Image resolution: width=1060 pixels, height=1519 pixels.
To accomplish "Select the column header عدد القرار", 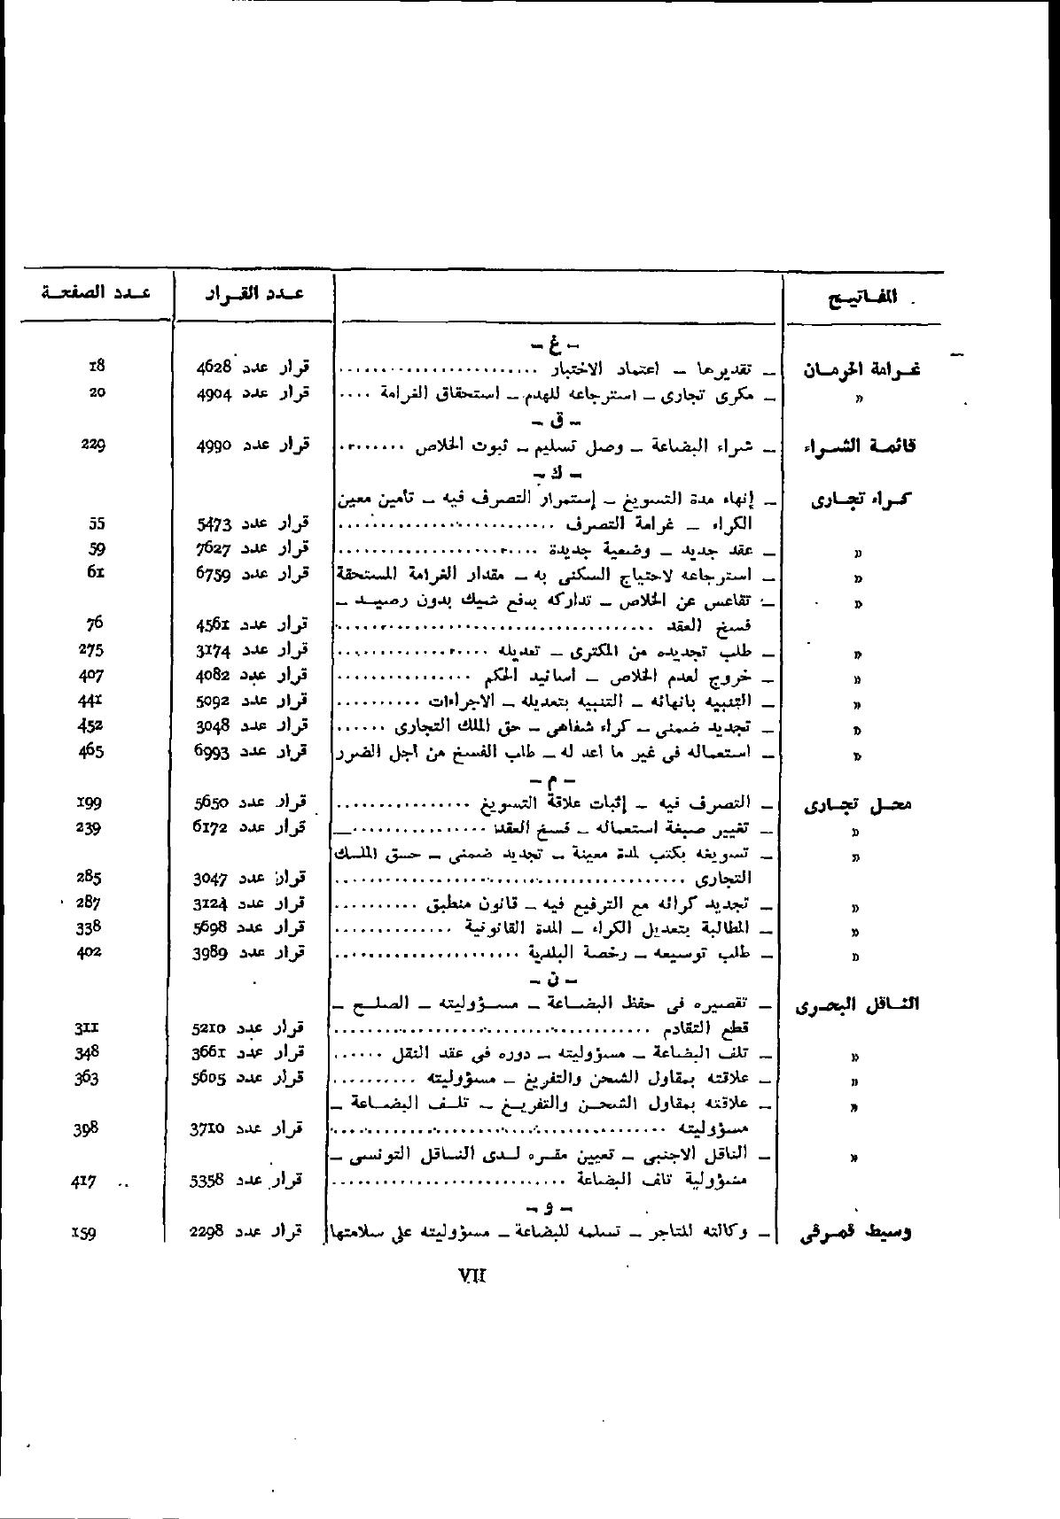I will [253, 294].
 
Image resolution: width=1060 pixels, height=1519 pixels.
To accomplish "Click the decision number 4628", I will [214, 367].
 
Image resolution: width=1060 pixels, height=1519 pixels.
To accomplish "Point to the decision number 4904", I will [214, 392].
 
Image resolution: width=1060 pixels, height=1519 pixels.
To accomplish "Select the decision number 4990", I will [214, 445].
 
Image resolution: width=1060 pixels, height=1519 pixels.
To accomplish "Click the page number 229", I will [92, 445].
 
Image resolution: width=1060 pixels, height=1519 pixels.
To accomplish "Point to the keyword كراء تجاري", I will [861, 500].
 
